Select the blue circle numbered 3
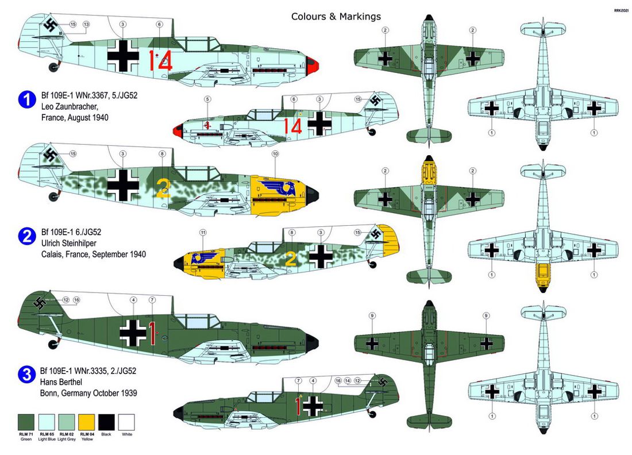pyautogui.click(x=25, y=375)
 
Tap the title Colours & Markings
pyautogui.click(x=336, y=17)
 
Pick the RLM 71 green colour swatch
pyautogui.click(x=26, y=423)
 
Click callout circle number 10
pyautogui.click(x=275, y=154)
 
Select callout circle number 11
pyautogui.click(x=202, y=232)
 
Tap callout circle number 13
pyautogui.click(x=86, y=24)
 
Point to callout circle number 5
pyautogui.click(x=207, y=99)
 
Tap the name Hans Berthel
pyautogui.click(x=64, y=381)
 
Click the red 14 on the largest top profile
pyautogui.click(x=160, y=60)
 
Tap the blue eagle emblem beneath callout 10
pyautogui.click(x=279, y=187)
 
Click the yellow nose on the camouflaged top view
pyautogui.click(x=427, y=170)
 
